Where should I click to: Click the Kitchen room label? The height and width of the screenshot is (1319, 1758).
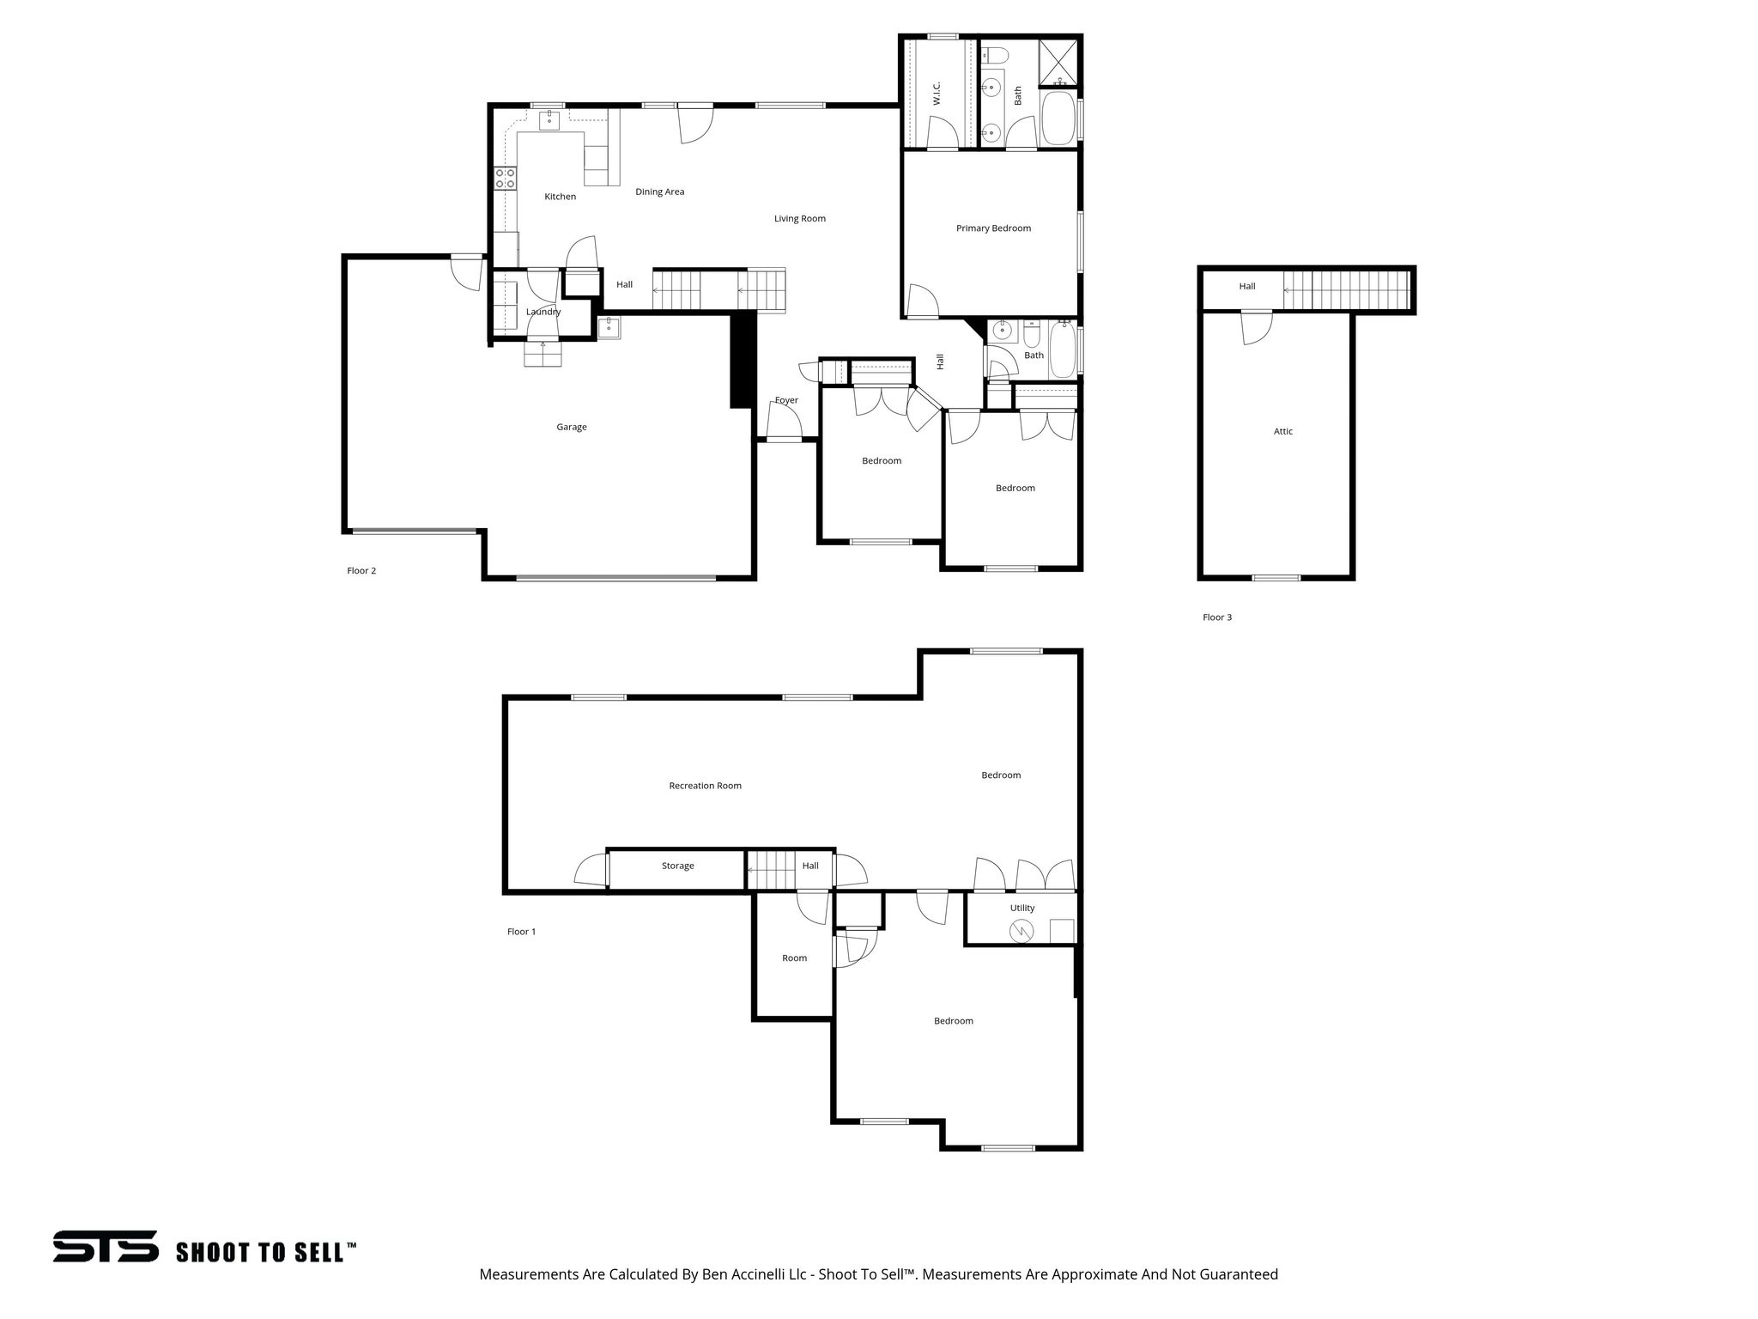click(560, 197)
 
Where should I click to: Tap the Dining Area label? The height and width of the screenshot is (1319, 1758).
click(659, 191)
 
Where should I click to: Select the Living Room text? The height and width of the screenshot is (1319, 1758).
click(799, 218)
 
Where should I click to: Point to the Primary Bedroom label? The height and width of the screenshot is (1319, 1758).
click(993, 228)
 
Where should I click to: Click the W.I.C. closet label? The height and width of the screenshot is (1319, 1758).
click(937, 94)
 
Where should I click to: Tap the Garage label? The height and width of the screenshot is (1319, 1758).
click(571, 427)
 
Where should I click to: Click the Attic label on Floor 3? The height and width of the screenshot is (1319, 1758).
click(1282, 432)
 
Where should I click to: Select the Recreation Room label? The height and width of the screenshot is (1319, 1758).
click(705, 786)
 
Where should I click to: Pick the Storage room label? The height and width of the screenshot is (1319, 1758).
click(677, 866)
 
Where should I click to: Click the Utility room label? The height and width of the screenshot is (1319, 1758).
click(1021, 908)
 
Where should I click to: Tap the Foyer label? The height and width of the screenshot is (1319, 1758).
click(786, 400)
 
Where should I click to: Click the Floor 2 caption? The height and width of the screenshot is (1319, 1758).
click(361, 571)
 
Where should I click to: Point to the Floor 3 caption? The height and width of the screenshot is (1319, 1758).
click(1216, 617)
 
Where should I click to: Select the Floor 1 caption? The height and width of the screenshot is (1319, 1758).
click(521, 932)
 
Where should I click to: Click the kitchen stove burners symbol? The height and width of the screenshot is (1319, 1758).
click(506, 179)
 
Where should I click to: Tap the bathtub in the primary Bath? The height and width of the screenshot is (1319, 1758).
click(1058, 119)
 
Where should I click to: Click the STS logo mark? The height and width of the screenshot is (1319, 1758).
click(106, 1246)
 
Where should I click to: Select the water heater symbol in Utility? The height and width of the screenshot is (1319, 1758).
click(1021, 930)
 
